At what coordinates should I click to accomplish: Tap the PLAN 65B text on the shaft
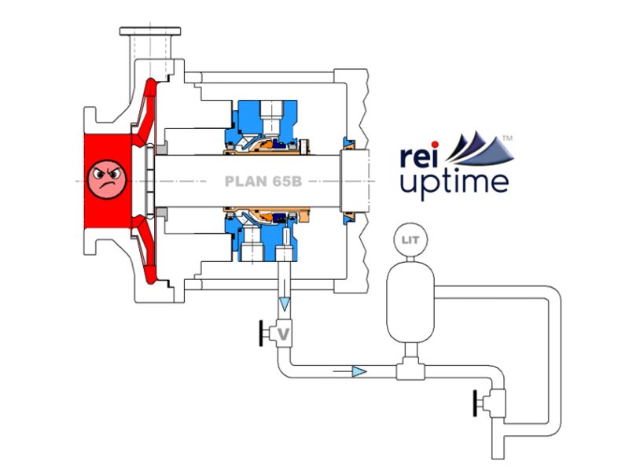click(261, 180)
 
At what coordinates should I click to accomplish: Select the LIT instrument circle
click(407, 238)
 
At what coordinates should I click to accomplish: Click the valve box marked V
click(283, 335)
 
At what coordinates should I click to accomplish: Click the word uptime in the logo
click(454, 183)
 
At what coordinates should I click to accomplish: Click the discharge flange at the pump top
click(150, 32)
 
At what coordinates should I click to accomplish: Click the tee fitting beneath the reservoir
click(407, 367)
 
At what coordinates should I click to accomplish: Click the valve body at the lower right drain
click(496, 405)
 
